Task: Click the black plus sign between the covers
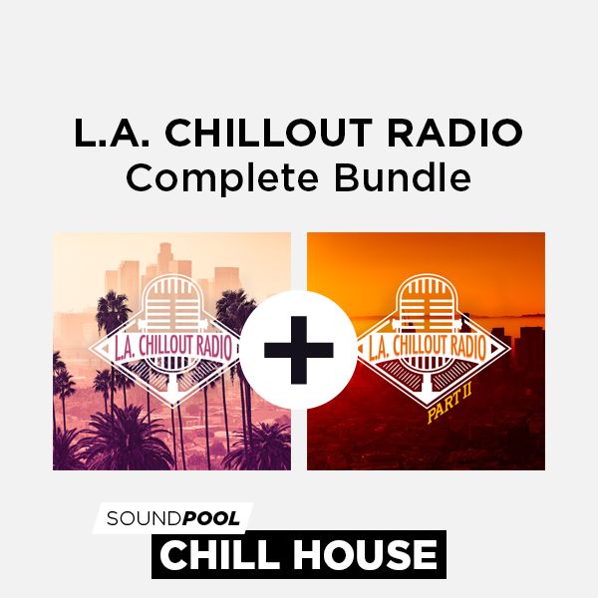[299, 350]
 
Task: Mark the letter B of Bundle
[346, 177]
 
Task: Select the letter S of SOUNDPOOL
[112, 518]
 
